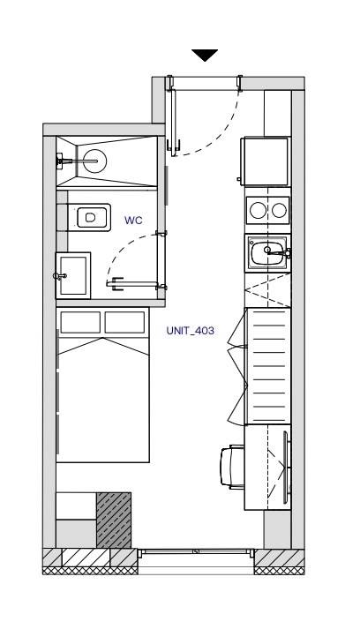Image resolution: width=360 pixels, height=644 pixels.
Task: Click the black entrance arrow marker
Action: point(205,55)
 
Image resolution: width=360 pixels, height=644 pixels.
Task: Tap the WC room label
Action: point(133,221)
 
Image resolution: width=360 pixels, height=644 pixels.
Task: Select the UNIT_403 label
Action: point(191,331)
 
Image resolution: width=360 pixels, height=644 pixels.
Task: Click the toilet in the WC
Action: point(90,217)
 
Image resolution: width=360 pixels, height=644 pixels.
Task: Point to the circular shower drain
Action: point(94,161)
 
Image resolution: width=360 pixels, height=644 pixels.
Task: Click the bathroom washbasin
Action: point(72,275)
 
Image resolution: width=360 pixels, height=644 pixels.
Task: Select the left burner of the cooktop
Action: point(258,210)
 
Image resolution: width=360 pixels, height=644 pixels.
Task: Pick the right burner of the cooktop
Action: point(279,210)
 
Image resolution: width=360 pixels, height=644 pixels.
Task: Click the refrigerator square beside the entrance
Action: point(266,161)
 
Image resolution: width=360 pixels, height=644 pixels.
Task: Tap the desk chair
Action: point(232,467)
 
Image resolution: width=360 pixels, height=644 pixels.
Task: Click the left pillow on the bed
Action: point(80,322)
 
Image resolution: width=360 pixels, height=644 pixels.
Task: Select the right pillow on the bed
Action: point(124,322)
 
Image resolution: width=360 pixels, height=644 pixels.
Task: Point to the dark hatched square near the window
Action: point(114,520)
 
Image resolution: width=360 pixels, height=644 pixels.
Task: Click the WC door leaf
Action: point(132,284)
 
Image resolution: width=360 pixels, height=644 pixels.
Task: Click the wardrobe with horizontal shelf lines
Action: point(267,366)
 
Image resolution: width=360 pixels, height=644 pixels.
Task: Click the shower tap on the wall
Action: point(63,161)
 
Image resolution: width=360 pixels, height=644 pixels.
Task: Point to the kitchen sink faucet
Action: point(278,252)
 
